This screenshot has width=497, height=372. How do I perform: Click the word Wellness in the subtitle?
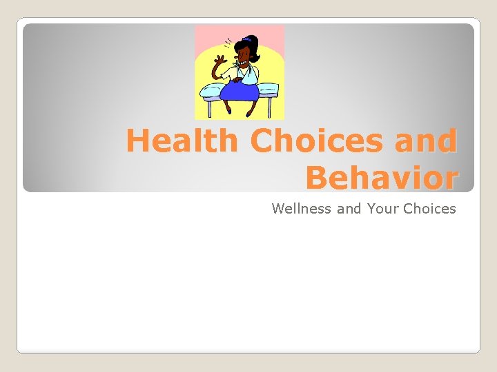point(302,208)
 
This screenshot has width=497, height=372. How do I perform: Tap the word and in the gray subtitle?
point(349,208)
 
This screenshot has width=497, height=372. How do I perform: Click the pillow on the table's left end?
point(212,90)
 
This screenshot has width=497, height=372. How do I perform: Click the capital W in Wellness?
point(278,208)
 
